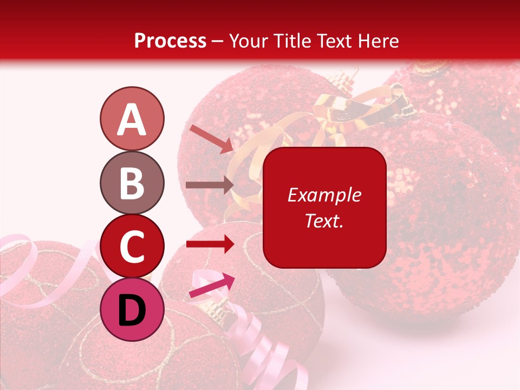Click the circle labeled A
click(x=132, y=119)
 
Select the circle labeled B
click(x=132, y=183)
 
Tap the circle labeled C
click(x=132, y=246)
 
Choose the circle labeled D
click(x=132, y=310)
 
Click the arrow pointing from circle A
click(x=211, y=138)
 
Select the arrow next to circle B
click(x=210, y=185)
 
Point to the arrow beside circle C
click(x=210, y=244)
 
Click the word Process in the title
click(x=170, y=41)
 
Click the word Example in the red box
click(x=324, y=195)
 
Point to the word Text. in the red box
click(x=324, y=220)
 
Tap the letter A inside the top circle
click(x=132, y=119)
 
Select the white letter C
click(x=132, y=247)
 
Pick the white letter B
click(x=132, y=183)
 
